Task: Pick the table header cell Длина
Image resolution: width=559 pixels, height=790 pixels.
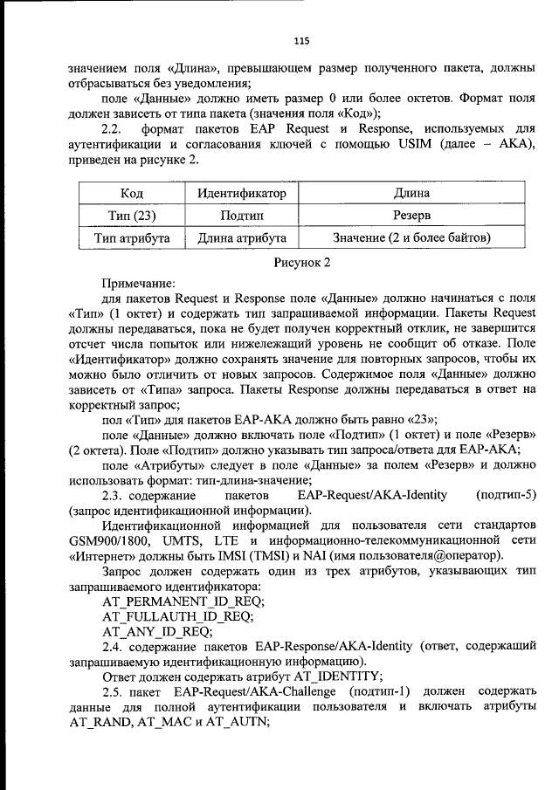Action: pos(411,194)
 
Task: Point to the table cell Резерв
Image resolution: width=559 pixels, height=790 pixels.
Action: pos(411,216)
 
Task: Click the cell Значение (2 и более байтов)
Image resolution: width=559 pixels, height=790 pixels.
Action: pos(411,237)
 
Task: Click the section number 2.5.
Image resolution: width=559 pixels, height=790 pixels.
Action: pos(113,691)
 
